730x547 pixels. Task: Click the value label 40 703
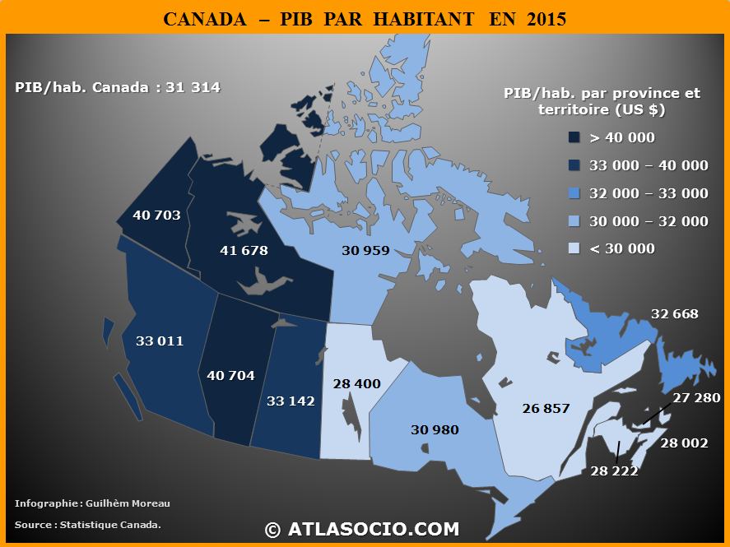156,216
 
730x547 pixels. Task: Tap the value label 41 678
244,250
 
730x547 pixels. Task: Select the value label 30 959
365,250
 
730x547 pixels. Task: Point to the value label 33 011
160,341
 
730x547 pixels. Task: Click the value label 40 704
230,375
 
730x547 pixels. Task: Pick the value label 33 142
291,401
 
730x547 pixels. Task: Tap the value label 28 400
357,383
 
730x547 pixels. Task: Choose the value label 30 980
435,429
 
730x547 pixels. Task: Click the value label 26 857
546,408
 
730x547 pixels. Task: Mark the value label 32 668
674,313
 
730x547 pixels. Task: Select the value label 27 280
696,398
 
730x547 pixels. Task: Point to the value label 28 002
684,443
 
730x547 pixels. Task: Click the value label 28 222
614,471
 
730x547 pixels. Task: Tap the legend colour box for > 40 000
574,137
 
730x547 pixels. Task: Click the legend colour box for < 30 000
574,248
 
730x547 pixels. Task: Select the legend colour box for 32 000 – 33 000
574,193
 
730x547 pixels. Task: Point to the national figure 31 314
193,87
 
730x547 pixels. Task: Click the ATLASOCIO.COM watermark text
373,529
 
